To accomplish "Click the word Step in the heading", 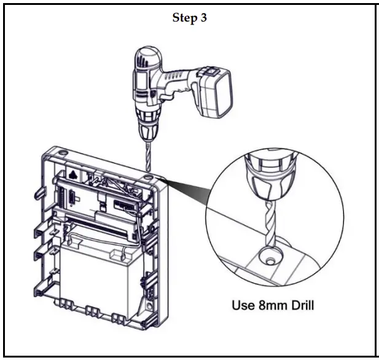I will tap(184, 18).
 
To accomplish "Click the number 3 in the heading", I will tap(203, 18).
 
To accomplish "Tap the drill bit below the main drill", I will tap(147, 157).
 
